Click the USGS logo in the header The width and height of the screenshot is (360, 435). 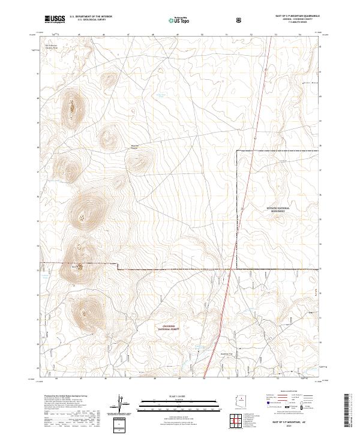click(x=55, y=19)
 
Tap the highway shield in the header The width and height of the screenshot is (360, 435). click(x=238, y=20)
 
